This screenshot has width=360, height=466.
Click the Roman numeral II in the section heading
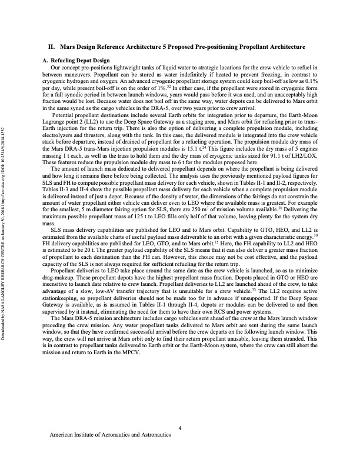click(51, 46)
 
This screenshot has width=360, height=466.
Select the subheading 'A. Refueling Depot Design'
click(76, 61)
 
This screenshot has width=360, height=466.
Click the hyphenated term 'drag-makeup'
click(61, 287)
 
